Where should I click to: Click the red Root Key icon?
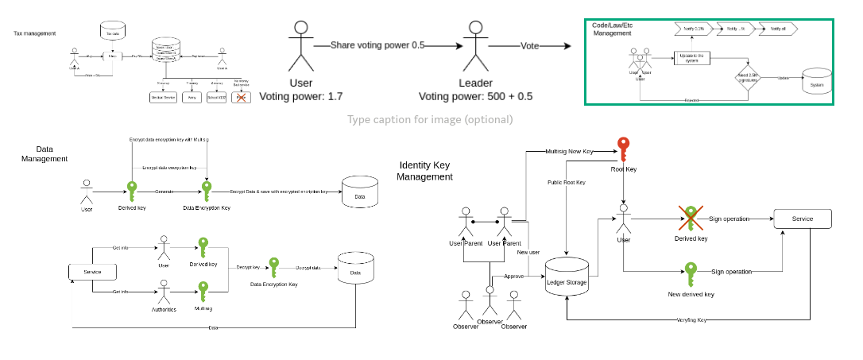click(624, 149)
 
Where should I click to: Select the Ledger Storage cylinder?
click(567, 274)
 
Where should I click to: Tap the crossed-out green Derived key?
click(691, 217)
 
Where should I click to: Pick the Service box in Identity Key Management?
click(802, 219)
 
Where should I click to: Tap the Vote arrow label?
click(529, 46)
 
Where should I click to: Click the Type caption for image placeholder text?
click(430, 120)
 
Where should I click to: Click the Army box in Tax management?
click(192, 97)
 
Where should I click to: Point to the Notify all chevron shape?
click(777, 29)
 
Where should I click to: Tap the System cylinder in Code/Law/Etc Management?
click(816, 82)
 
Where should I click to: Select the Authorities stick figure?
click(164, 293)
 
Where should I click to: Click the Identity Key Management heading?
click(425, 171)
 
